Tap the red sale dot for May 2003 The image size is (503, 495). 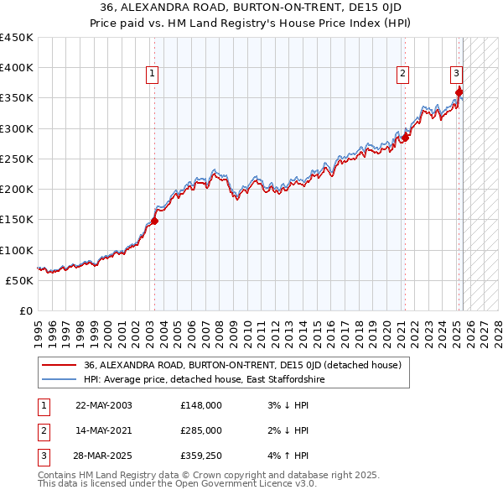tap(154, 221)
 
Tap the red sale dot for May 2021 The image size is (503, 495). tap(405, 138)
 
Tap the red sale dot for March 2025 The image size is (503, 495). tap(459, 92)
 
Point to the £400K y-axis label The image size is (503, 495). tap(17, 68)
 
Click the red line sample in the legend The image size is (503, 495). tap(60, 365)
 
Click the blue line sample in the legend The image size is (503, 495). tap(60, 379)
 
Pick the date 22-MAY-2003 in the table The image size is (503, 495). tap(104, 405)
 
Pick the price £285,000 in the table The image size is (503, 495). tap(201, 431)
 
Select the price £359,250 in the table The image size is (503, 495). tap(201, 457)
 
